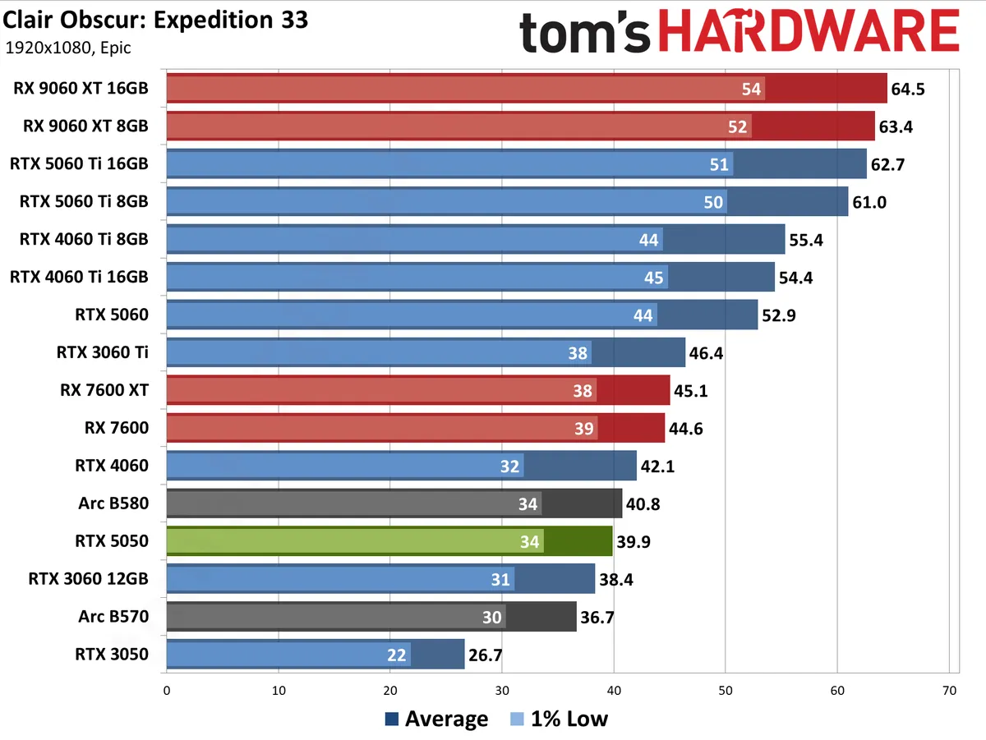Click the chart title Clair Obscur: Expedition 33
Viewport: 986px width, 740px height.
[x=156, y=20]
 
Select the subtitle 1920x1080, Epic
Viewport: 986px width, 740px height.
[x=68, y=48]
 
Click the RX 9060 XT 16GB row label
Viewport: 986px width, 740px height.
[x=81, y=89]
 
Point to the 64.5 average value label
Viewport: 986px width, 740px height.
[x=908, y=89]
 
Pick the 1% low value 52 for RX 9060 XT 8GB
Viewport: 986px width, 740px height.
[x=738, y=126]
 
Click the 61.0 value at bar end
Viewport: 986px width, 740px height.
[x=869, y=202]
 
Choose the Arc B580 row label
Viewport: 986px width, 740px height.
[x=114, y=503]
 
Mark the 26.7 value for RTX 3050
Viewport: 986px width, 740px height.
[x=486, y=655]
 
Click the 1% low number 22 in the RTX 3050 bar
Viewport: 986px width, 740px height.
[x=397, y=655]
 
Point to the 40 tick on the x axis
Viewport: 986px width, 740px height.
[x=614, y=692]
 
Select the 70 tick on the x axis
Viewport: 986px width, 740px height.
[x=949, y=692]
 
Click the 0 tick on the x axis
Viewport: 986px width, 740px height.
[x=167, y=692]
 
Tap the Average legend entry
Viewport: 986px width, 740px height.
[x=437, y=719]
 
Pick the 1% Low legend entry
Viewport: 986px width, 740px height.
[x=559, y=719]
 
